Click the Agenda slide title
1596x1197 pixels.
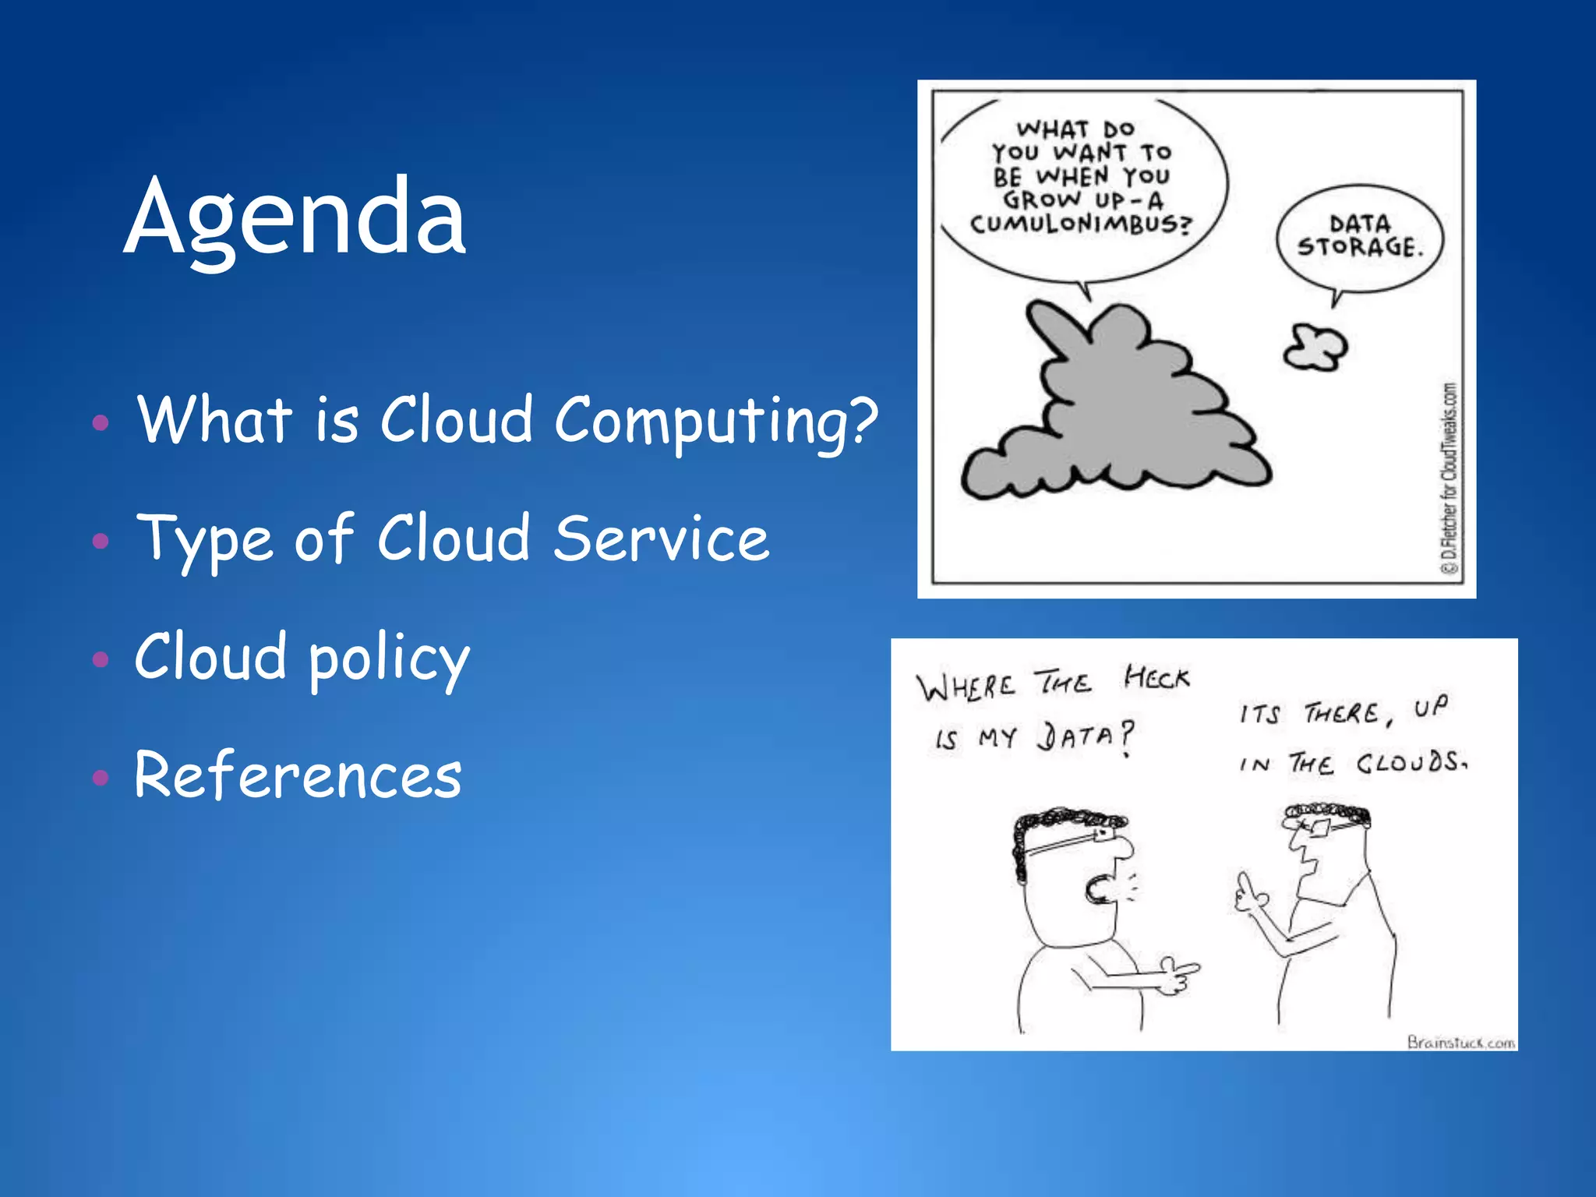(x=295, y=218)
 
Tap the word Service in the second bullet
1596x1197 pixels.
(x=661, y=539)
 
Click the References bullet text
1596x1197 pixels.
(x=298, y=775)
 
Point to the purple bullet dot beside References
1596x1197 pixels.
(x=100, y=777)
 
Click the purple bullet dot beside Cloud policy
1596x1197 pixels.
(x=100, y=660)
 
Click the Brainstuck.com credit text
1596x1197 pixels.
(x=1460, y=1042)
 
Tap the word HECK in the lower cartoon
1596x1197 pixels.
(x=1156, y=678)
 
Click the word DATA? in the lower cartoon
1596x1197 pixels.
(x=1085, y=736)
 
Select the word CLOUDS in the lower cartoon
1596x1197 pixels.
(x=1411, y=761)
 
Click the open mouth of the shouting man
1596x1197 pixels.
(x=1097, y=889)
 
